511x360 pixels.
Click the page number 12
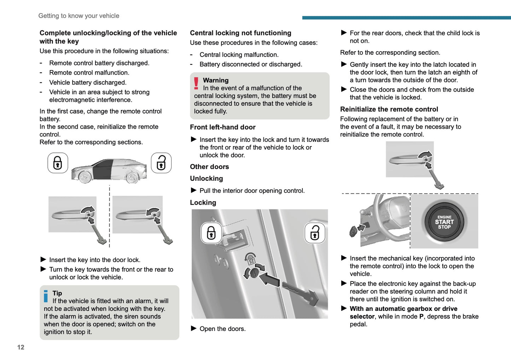coord(21,347)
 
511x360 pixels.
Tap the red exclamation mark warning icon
coord(196,83)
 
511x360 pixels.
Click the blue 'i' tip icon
coord(46,296)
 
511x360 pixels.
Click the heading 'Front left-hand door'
coord(222,127)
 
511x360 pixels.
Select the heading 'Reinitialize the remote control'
coord(389,109)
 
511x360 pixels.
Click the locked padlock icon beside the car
coord(58,163)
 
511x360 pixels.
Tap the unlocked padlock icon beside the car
coord(161,163)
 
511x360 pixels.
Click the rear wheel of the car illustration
coord(132,177)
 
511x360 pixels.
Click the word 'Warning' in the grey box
coord(216,80)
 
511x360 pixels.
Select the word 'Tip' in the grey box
coord(57,293)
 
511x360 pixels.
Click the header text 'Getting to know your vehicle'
coord(79,16)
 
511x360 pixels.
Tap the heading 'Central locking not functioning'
coord(240,33)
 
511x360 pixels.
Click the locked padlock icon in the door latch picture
coord(211,233)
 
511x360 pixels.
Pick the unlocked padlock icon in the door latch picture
coord(315,233)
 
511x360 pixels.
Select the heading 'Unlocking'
coord(206,179)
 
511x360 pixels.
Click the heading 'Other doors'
coord(209,167)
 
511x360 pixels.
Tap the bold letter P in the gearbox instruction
coord(421,317)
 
